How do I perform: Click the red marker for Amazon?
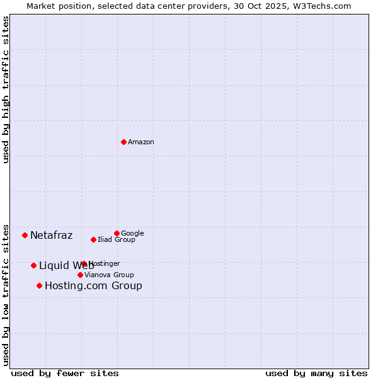tap(123, 142)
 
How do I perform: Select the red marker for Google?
tap(117, 233)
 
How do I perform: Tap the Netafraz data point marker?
tap(25, 235)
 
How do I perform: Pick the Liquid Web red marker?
tap(33, 265)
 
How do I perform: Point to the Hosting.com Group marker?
tap(39, 285)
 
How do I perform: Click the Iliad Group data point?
tap(93, 239)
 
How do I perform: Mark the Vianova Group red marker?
tap(80, 275)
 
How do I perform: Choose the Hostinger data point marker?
tap(84, 263)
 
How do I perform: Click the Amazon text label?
tap(141, 142)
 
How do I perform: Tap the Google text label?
tap(132, 233)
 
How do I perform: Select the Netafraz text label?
tap(51, 236)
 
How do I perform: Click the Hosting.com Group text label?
tap(93, 286)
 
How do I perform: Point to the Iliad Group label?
tap(117, 240)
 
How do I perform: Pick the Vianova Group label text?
tap(109, 275)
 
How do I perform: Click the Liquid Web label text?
tap(66, 266)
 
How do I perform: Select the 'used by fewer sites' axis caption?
tap(65, 373)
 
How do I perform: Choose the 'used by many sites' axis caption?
tap(316, 373)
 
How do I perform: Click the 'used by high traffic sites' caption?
tap(6, 89)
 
